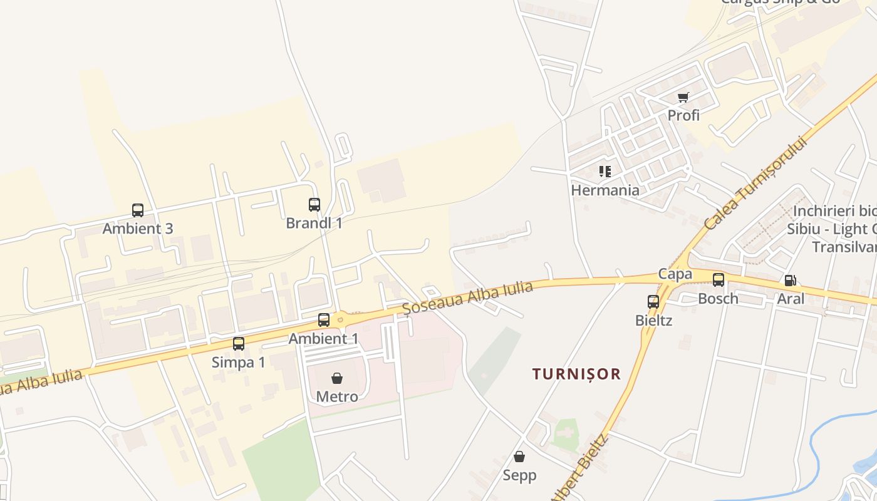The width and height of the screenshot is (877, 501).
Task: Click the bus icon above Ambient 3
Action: (x=138, y=210)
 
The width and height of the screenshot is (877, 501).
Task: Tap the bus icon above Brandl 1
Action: (x=314, y=205)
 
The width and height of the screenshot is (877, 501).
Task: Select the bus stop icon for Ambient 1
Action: (x=324, y=320)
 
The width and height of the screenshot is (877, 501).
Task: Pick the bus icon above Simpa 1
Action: (x=239, y=344)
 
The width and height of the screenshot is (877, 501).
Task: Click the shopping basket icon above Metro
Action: (x=337, y=378)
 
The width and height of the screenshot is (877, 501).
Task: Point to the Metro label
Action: (x=337, y=396)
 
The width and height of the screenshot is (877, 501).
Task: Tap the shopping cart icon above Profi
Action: (x=683, y=97)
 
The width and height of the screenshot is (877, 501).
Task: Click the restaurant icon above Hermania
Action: (x=605, y=172)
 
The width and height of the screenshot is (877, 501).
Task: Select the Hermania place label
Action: (x=605, y=190)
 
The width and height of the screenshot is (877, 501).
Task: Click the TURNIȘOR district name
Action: (x=576, y=374)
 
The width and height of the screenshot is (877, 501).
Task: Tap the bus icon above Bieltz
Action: (x=653, y=302)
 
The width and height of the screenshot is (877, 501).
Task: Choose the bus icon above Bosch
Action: (x=719, y=280)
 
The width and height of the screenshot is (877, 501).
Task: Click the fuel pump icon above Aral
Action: (x=791, y=281)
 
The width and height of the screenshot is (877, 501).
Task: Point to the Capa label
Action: (x=675, y=274)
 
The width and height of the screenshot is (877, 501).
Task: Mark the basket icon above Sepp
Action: (x=519, y=457)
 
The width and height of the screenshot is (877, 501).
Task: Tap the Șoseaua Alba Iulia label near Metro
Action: (x=467, y=298)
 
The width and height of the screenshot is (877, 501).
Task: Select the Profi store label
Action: (x=683, y=115)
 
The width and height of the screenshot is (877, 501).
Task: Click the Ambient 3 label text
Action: (x=138, y=229)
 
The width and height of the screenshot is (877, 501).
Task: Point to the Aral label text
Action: (x=791, y=299)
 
